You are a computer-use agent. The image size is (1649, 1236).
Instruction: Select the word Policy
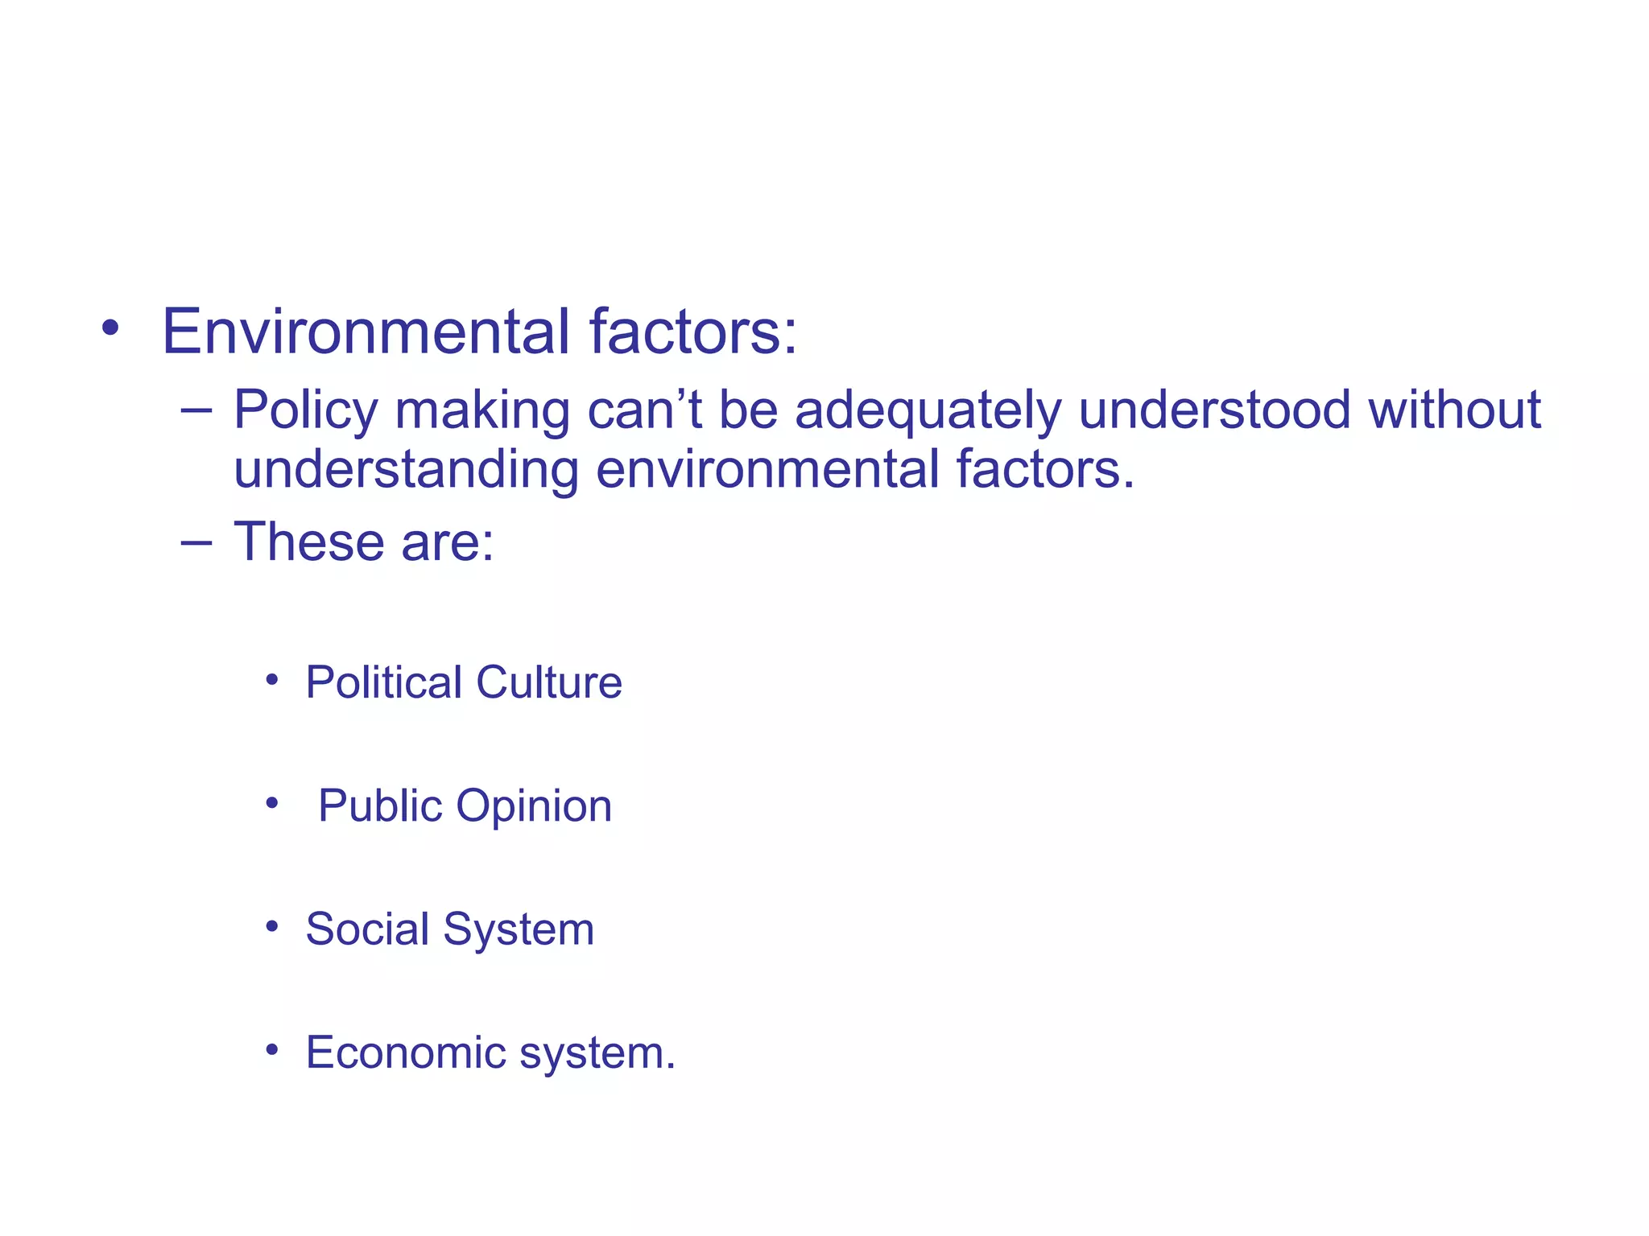(x=305, y=410)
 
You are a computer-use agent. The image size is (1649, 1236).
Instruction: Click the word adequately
(x=928, y=410)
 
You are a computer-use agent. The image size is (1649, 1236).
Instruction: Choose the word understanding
(x=406, y=470)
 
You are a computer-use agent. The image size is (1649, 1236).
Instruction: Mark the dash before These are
(x=196, y=542)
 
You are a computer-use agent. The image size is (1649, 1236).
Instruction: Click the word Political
(x=383, y=682)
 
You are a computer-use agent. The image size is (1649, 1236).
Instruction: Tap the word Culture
(x=548, y=682)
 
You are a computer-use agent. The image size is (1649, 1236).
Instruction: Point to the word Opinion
(x=534, y=805)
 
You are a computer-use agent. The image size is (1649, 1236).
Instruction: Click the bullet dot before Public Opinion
(x=272, y=802)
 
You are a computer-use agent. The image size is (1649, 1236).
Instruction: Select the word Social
(x=367, y=929)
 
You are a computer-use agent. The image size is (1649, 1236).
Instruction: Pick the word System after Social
(x=519, y=930)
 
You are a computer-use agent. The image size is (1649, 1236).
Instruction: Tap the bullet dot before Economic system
(x=272, y=1049)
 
